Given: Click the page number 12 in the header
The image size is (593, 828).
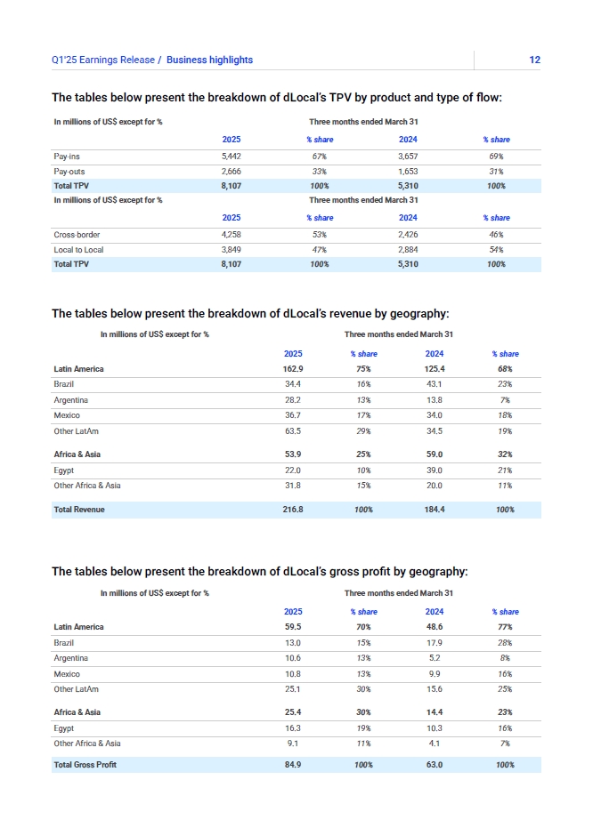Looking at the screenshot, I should coord(534,60).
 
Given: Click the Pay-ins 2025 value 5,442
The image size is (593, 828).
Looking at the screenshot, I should coord(231,156).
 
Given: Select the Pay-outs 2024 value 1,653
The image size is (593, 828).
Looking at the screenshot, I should coord(408,171).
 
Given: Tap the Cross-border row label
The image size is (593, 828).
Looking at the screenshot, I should coord(77,234).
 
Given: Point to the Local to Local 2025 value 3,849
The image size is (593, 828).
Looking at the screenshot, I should coord(231,250).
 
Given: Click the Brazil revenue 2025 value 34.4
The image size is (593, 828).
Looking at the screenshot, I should coord(293,384).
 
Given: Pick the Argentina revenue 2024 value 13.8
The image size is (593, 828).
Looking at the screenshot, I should coord(435,400).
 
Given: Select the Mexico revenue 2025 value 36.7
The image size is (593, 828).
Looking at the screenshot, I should coord(293,415).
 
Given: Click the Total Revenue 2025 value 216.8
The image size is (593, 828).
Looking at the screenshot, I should coord(293,510).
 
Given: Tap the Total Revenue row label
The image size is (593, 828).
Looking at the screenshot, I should coord(79,510).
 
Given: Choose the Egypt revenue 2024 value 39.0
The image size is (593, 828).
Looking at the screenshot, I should coord(435,470).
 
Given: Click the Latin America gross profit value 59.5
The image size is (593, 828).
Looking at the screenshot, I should coord(293,627).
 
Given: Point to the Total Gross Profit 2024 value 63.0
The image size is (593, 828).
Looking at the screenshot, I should coord(435,765).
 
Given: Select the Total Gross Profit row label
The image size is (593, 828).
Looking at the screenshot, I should coord(85,765).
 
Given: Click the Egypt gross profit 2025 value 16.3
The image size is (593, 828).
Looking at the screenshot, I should coord(293,728).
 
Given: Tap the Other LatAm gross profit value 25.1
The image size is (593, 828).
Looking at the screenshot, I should coord(293,689).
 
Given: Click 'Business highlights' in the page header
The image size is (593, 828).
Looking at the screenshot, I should coord(209,60).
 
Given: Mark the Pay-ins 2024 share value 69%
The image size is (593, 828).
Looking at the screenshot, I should coord(497,156).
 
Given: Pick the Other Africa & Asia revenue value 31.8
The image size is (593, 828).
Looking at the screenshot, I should coord(293,486).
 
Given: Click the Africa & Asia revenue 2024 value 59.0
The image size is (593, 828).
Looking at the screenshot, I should coord(435,454).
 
